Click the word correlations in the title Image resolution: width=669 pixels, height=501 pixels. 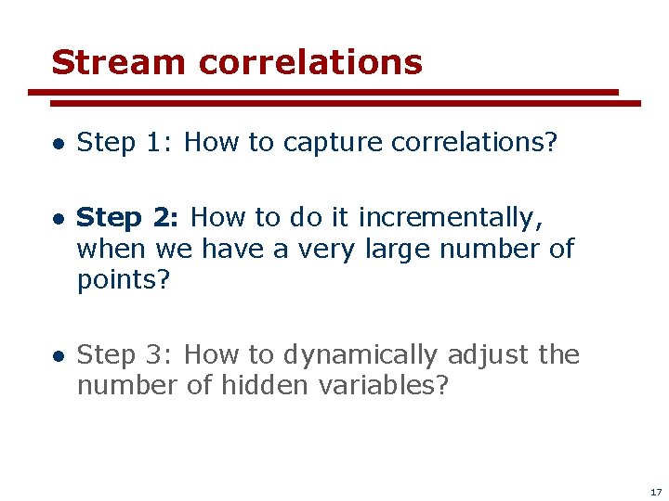coord(310,62)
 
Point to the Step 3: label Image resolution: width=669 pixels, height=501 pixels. coord(127,354)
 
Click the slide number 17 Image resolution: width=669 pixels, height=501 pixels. coord(656,492)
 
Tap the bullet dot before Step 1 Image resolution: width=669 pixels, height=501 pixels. coord(58,144)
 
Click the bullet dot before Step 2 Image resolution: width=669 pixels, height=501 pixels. coord(58,220)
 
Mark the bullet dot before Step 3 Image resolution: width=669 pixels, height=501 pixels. coord(58,356)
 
